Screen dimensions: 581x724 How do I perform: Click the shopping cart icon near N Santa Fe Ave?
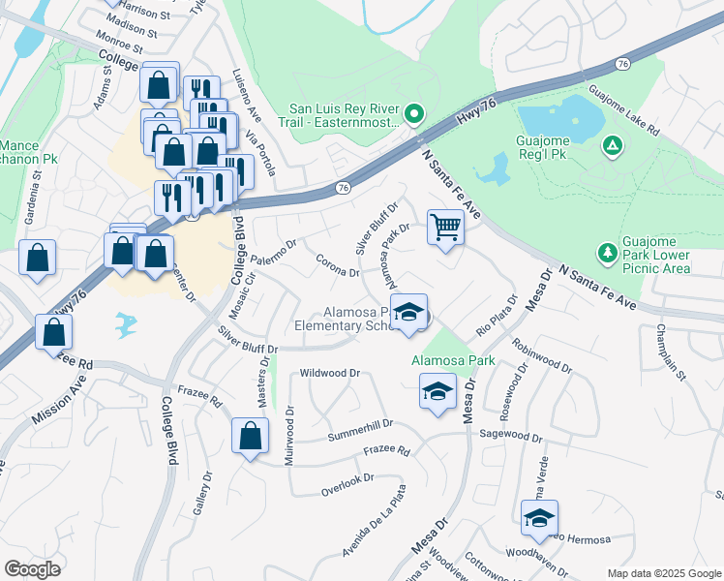click(x=445, y=228)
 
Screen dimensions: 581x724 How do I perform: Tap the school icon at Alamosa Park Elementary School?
click(x=409, y=313)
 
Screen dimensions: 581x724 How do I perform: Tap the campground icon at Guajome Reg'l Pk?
click(x=611, y=146)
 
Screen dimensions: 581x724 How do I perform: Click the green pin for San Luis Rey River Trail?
click(x=412, y=115)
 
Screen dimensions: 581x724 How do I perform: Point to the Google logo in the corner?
click(x=32, y=569)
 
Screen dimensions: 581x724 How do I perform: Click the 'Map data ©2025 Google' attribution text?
click(x=664, y=573)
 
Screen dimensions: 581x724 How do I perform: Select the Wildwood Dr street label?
click(x=330, y=373)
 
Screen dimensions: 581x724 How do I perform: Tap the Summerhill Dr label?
click(x=359, y=424)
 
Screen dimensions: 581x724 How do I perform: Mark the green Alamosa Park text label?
click(x=453, y=360)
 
